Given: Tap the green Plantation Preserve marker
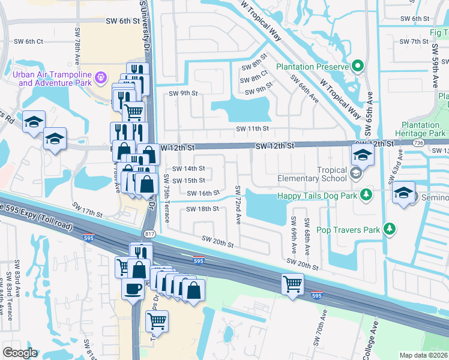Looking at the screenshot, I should click(x=358, y=65).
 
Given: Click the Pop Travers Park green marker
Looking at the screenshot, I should click(x=390, y=229).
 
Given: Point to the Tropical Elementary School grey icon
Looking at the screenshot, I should click(x=356, y=174).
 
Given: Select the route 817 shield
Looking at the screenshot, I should click(x=149, y=233).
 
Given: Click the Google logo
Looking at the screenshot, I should click(x=20, y=353).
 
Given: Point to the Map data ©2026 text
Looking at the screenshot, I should click(x=424, y=355).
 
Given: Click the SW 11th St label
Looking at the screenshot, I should click(x=250, y=128).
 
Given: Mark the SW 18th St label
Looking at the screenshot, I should click(x=202, y=209).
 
